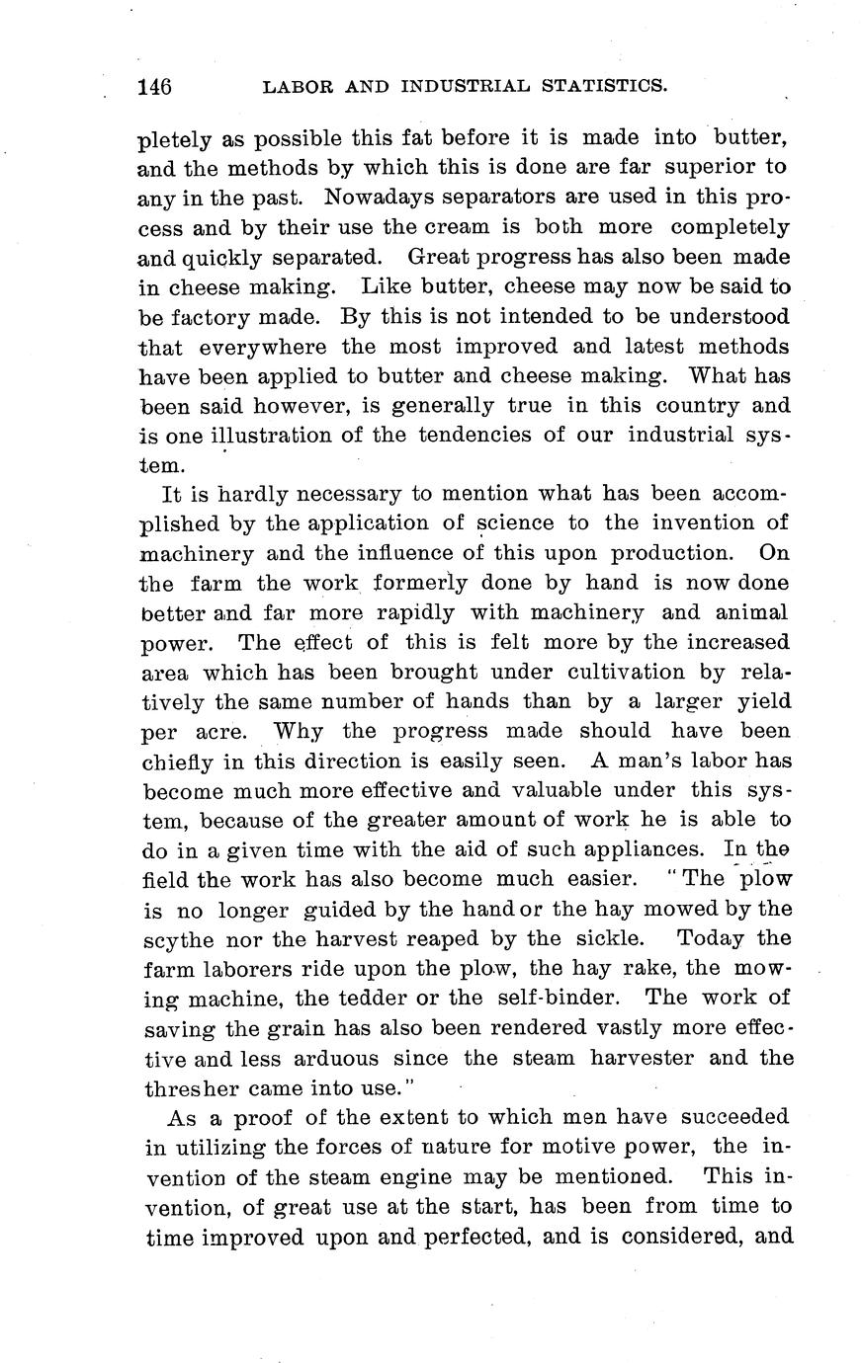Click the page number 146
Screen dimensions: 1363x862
[x=155, y=87]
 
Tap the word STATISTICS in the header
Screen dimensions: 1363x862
[x=604, y=87]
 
